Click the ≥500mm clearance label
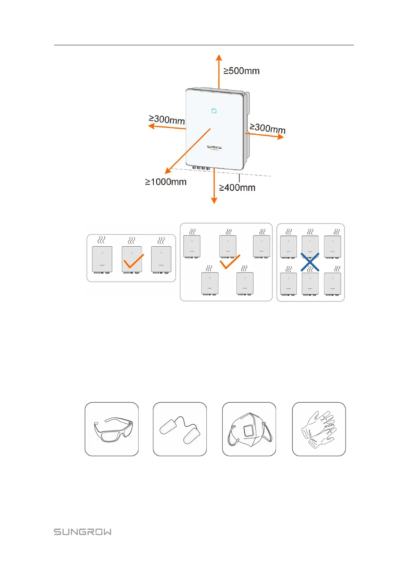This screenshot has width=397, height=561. pyautogui.click(x=241, y=71)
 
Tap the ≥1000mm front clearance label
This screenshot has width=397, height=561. pyautogui.click(x=166, y=182)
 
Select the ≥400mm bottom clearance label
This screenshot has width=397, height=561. pyautogui.click(x=237, y=188)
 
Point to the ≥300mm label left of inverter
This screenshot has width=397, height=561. pyautogui.click(x=167, y=120)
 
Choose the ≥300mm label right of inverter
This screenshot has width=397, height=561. pyautogui.click(x=267, y=128)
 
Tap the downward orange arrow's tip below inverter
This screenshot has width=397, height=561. pyautogui.click(x=214, y=202)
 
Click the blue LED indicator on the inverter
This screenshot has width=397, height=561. pyautogui.click(x=214, y=111)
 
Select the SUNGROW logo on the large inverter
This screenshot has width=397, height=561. pyautogui.click(x=214, y=147)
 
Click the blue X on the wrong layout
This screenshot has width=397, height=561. pyautogui.click(x=310, y=262)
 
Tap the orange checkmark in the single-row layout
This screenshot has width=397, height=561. pyautogui.click(x=133, y=261)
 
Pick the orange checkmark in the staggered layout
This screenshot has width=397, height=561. pyautogui.click(x=230, y=262)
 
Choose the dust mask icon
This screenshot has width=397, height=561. pyautogui.click(x=249, y=429)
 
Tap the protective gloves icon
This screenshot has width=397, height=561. pyautogui.click(x=319, y=429)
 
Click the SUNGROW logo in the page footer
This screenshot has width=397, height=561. pyautogui.click(x=83, y=532)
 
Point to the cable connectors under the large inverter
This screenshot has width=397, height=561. pyautogui.click(x=201, y=168)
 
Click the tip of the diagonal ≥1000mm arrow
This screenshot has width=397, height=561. pyautogui.click(x=166, y=173)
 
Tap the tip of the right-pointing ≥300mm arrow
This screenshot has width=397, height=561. pyautogui.click(x=283, y=137)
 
